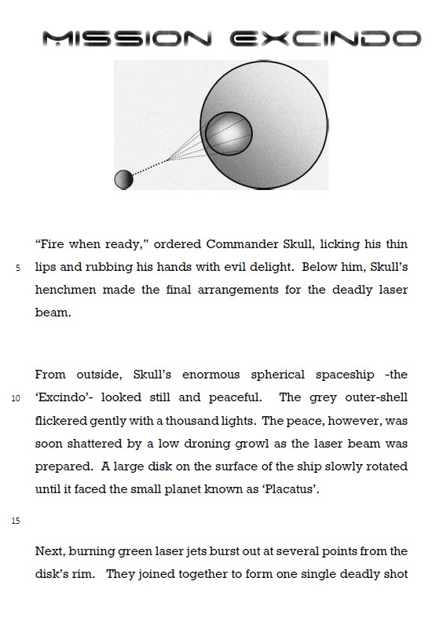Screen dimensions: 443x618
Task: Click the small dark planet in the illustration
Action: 123,180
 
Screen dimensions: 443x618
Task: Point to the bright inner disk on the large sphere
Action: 229,134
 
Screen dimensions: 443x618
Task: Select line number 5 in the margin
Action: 17,269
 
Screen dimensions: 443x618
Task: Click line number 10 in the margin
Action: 16,398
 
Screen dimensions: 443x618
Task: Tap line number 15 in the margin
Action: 16,521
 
